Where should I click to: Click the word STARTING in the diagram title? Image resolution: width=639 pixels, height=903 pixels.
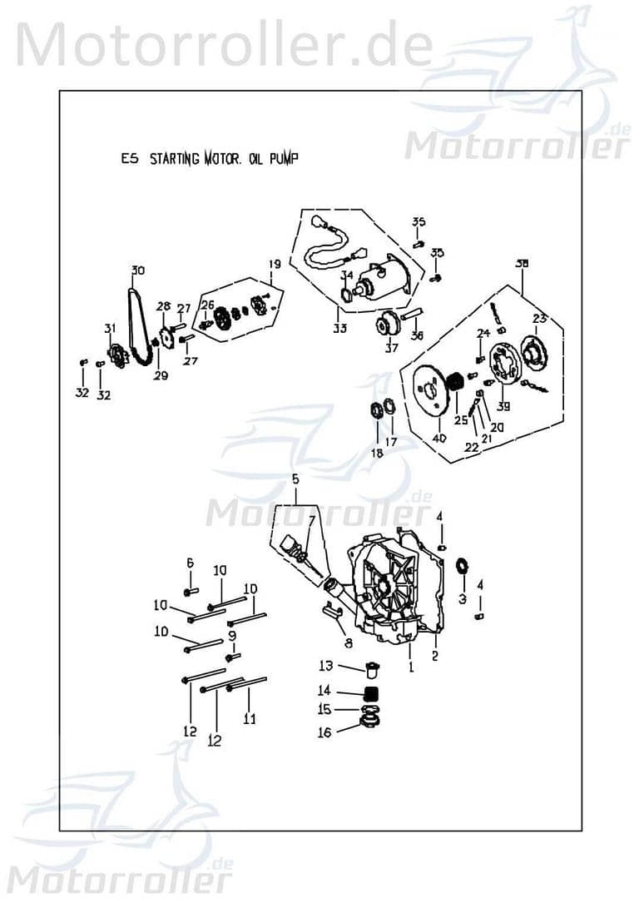click(175, 160)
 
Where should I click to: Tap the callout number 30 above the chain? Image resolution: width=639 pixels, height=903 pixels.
click(137, 270)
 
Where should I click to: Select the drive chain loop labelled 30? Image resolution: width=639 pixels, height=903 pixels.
click(137, 325)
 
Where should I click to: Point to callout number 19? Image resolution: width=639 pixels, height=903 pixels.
click(273, 264)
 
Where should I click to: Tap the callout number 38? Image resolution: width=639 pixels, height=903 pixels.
click(522, 264)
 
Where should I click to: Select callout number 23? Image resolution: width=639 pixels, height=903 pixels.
click(539, 318)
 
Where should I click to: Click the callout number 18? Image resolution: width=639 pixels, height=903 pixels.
click(377, 453)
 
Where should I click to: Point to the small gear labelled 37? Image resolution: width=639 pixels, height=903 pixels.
click(387, 325)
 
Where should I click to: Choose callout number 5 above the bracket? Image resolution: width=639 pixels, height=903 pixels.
click(294, 479)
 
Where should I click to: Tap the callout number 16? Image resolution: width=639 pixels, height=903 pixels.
click(324, 732)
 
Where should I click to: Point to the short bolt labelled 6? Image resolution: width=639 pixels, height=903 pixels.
click(190, 590)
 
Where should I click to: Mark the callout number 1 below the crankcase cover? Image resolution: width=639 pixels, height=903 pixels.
click(410, 667)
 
